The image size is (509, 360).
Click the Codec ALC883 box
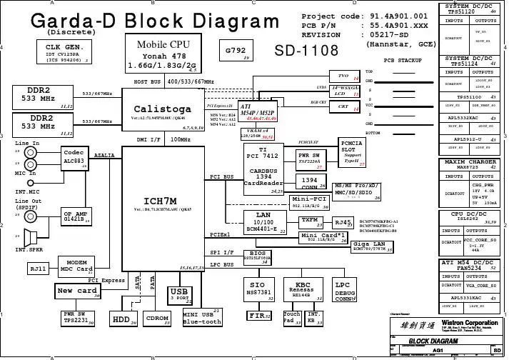tap(74, 157)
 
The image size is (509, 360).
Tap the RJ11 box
tap(38, 269)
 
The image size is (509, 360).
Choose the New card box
tap(77, 291)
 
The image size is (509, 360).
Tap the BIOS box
tap(258, 256)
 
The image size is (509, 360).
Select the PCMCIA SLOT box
tap(352, 151)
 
